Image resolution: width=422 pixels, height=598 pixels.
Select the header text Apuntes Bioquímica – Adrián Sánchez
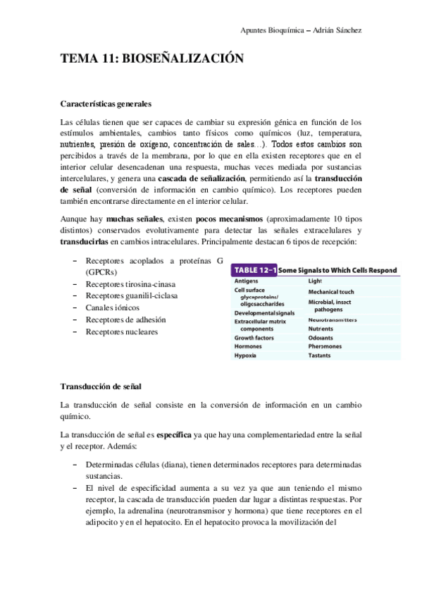(300, 30)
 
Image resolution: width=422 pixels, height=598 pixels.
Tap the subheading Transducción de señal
(101, 386)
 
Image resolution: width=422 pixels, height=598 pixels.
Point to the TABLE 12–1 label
(254, 270)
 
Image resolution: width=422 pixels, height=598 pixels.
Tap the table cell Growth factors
(254, 337)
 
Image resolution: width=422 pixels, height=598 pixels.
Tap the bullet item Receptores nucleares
(120, 331)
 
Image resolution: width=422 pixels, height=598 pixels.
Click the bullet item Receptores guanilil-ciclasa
(131, 296)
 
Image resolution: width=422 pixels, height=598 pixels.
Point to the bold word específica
(173, 435)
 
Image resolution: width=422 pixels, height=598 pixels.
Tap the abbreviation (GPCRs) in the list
(102, 272)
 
